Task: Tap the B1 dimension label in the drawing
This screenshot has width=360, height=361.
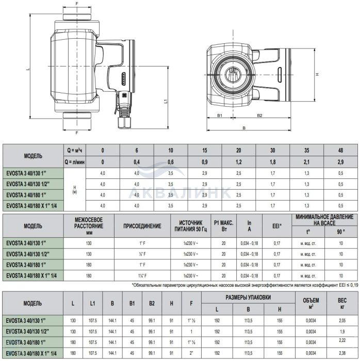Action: click(219, 116)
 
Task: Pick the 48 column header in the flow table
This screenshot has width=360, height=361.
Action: click(340, 150)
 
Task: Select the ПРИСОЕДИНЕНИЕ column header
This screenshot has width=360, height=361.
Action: click(142, 226)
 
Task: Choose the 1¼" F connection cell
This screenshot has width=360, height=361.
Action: click(142, 276)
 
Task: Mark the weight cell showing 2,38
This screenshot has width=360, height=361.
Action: click(341, 353)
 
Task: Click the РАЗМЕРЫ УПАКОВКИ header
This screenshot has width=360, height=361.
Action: click(249, 298)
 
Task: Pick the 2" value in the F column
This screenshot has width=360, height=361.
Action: click(192, 353)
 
